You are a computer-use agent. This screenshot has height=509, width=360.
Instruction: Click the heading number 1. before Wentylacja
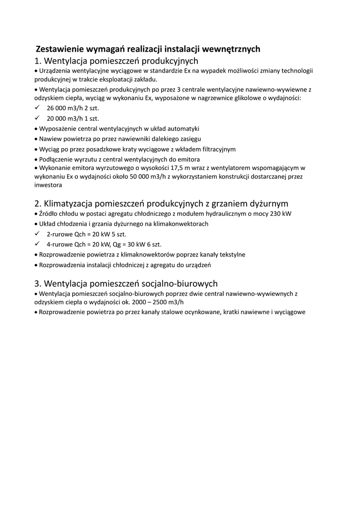(38, 61)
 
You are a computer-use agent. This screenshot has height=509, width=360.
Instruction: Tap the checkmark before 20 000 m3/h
(37, 118)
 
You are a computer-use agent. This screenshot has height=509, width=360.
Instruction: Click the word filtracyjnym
(214, 149)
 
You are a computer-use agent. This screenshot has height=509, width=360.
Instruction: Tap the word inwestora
(48, 185)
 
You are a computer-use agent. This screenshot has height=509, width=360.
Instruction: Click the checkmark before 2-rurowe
(37, 234)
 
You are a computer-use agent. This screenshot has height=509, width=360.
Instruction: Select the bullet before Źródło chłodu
(36, 214)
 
